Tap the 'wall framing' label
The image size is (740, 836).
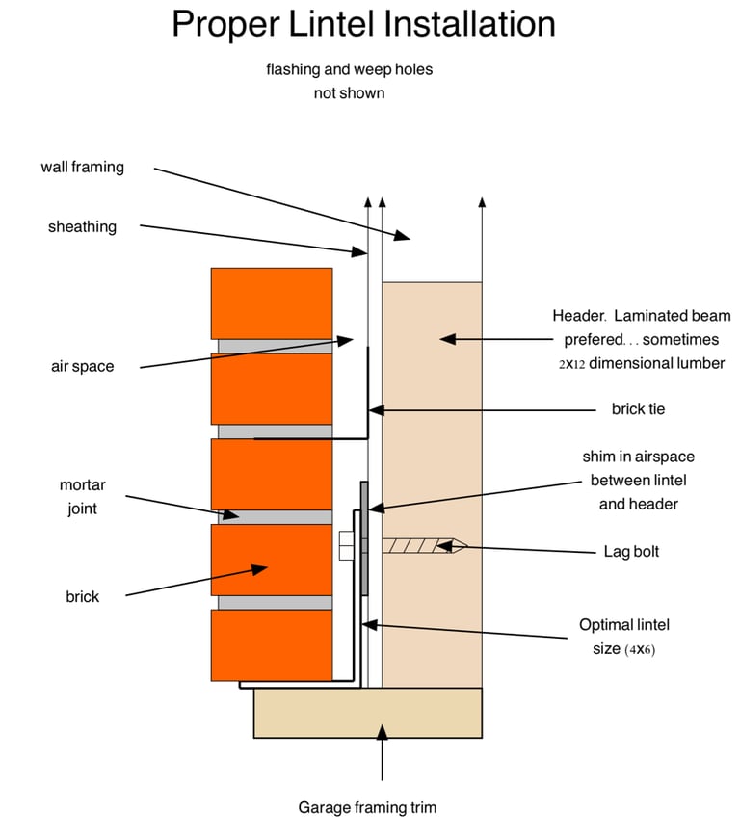coord(83,168)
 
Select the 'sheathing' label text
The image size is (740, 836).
coord(82,227)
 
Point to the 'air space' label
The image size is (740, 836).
coord(83,367)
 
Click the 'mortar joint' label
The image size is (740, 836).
coord(83,497)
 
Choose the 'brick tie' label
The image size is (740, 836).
coord(639,409)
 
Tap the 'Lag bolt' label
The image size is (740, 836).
coord(632,551)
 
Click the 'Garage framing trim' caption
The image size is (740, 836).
coord(368,807)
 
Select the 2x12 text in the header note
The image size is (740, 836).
coord(572,364)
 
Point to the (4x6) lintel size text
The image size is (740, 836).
coord(640,649)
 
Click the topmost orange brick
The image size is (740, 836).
coord(272,303)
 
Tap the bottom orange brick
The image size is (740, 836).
coord(272,645)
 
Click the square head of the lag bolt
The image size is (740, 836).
coord(346,545)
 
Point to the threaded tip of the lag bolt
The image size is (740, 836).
coord(460,546)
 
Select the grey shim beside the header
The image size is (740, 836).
coord(364,538)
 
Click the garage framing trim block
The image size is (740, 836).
coord(368,713)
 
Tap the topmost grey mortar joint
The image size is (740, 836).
coord(276,347)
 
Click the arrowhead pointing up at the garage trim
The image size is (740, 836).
coord(382,733)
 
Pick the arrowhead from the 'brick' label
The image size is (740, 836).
coord(259,569)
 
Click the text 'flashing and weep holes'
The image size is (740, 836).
coord(350,69)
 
